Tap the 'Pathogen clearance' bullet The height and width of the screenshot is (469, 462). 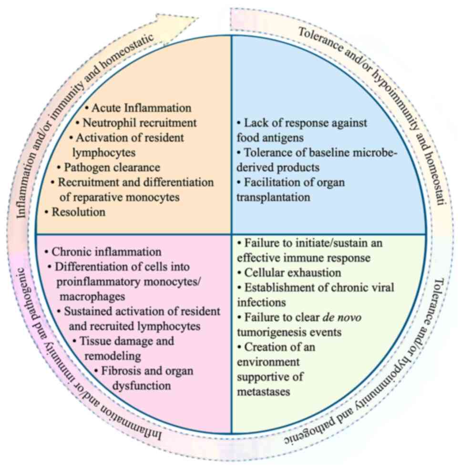click(x=112, y=168)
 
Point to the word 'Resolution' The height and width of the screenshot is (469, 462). click(x=79, y=212)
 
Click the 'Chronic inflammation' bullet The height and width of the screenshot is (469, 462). click(x=106, y=251)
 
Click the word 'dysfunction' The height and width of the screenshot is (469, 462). click(x=142, y=385)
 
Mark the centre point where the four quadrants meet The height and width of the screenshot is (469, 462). click(x=231, y=234)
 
